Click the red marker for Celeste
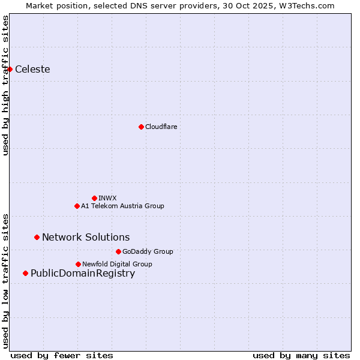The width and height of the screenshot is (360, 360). pos(10,70)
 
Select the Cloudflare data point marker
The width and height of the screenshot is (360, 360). pos(141,127)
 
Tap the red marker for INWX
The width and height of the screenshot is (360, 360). pos(94,198)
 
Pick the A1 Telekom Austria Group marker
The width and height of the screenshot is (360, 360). pos(77,206)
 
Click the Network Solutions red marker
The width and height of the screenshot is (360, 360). pos(37,238)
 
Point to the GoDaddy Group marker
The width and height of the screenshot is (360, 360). pos(118,251)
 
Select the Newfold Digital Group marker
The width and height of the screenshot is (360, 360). pos(78,264)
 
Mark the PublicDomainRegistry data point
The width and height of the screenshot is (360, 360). pos(25,274)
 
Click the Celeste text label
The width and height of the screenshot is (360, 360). pos(32,70)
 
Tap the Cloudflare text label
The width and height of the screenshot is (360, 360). pos(161,127)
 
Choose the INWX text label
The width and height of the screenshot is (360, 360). pos(107,198)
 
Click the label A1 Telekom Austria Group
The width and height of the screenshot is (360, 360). pos(122,206)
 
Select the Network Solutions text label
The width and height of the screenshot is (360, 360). pos(86,238)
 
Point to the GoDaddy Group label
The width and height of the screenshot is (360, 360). pos(148,251)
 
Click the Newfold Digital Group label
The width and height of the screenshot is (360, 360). pos(117,264)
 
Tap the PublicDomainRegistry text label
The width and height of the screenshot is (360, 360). pos(83,274)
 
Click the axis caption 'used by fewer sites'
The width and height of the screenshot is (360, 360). pos(62,355)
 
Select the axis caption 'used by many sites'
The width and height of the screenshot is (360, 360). pos(301,355)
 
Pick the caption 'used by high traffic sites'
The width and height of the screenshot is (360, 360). pos(6,85)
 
